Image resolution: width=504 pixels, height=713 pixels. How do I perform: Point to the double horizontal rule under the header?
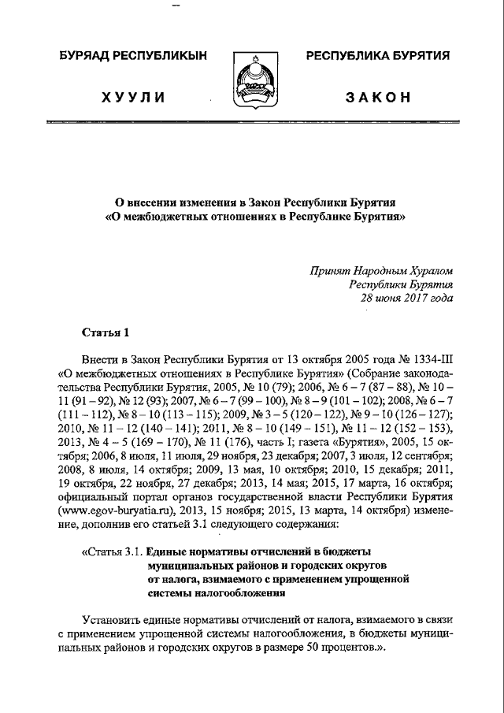[251, 123]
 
